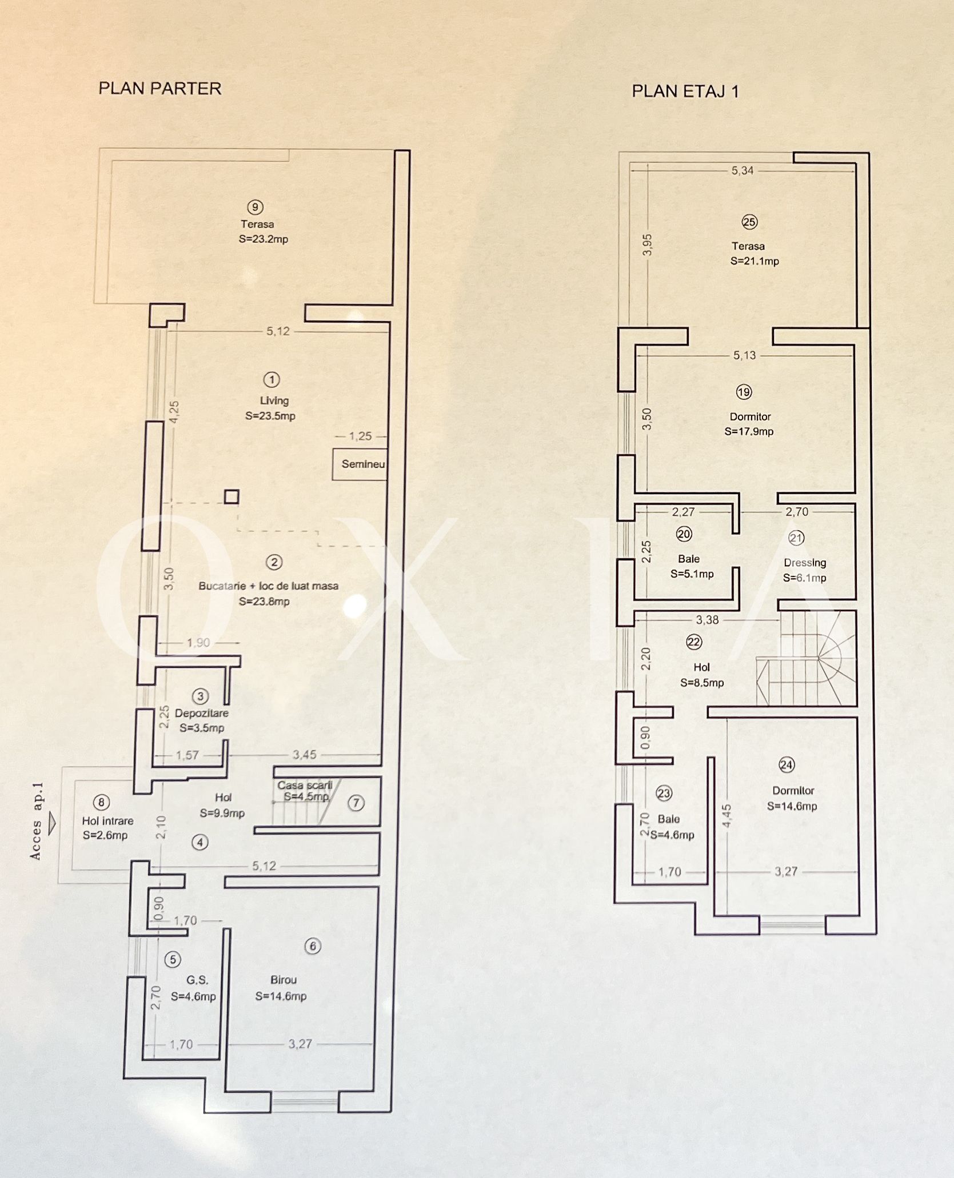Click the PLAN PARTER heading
160,89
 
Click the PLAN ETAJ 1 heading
685,91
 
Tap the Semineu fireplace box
360,464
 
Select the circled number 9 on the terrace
255,207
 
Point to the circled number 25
749,222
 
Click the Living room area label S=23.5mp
270,416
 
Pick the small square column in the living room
231,496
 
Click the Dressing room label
805,563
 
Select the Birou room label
284,980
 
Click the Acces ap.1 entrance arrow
52,824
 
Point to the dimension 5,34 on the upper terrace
743,170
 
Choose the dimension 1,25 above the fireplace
360,436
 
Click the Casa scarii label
305,785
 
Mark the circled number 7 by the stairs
356,803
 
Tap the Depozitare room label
202,713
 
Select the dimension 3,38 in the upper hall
707,620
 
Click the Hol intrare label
107,821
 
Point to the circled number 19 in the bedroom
744,392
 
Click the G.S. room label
197,980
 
